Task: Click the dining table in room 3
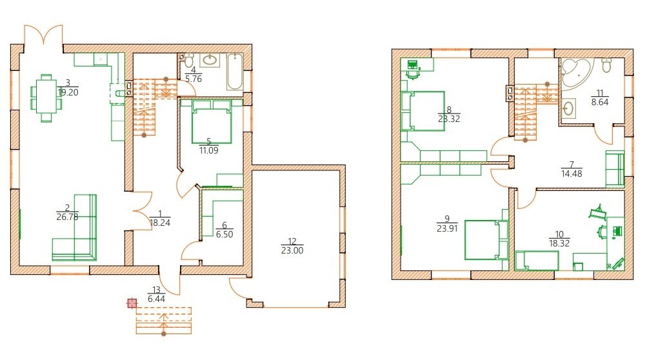(46, 98)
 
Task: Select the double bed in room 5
(212, 121)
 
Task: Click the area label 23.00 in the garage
(292, 250)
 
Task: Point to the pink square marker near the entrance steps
(132, 303)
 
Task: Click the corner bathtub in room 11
(576, 73)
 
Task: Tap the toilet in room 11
(607, 65)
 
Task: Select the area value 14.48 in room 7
(572, 174)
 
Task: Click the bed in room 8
(423, 111)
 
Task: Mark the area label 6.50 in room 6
(224, 234)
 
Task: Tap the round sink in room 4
(210, 60)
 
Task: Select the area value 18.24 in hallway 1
(160, 223)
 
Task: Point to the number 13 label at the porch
(156, 290)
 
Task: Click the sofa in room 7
(615, 168)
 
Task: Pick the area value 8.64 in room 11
(599, 102)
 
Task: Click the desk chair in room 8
(413, 74)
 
